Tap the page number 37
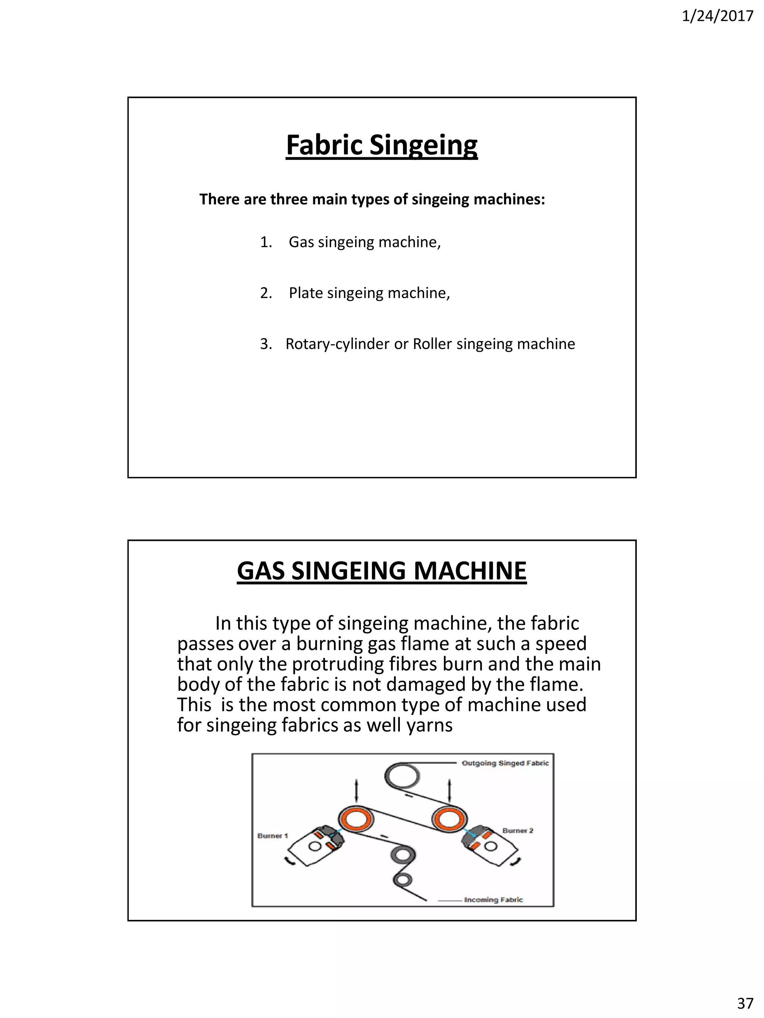pos(745,1002)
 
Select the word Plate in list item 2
pos(306,293)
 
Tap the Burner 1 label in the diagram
pos(273,835)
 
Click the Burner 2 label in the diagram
pos(518,830)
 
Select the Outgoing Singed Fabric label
pos(505,763)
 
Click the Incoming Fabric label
pos(493,899)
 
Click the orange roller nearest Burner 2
pos(448,819)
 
